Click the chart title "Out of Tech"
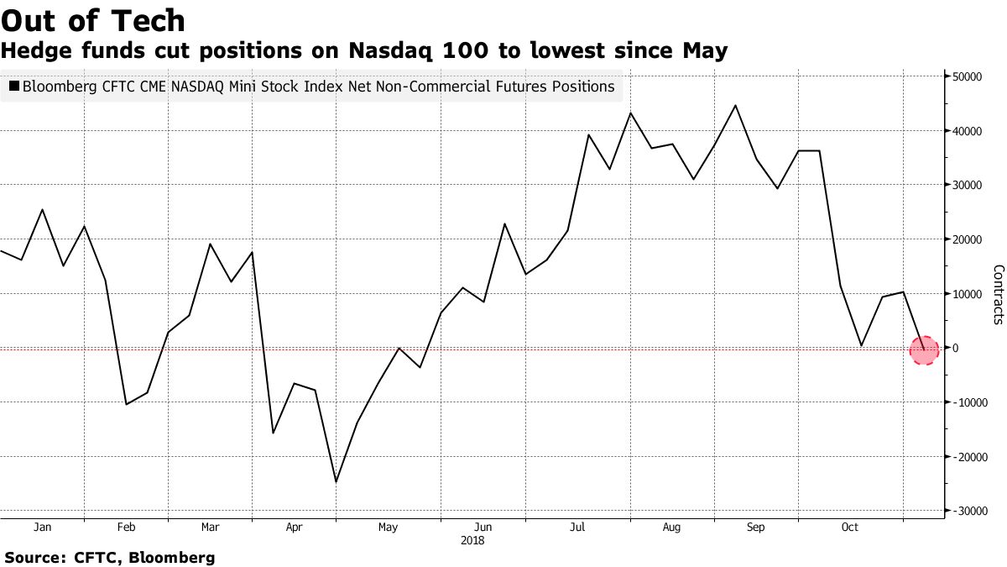pos(93,19)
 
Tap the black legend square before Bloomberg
pos(13,87)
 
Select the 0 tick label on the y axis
pos(957,348)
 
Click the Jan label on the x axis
pos(43,528)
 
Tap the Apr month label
pos(294,528)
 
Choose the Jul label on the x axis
pos(577,528)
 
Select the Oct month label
pos(850,528)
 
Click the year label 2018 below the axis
pos(473,541)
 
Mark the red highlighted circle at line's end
pos(924,349)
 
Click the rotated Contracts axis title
pos(999,294)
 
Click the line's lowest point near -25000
pos(336,482)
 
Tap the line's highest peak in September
pos(735,105)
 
